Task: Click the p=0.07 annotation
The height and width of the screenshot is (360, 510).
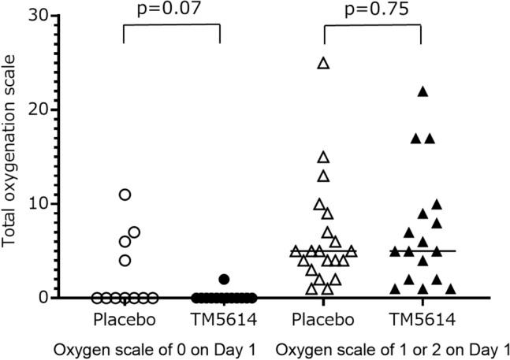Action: (171, 9)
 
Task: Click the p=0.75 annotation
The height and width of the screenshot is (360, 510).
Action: (373, 9)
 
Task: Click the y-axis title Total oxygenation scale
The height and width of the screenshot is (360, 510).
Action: (10, 158)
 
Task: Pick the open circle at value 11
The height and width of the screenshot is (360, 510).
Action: (125, 195)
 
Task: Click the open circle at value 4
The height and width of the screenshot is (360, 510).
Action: (125, 260)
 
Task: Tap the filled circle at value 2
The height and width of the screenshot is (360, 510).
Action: (224, 279)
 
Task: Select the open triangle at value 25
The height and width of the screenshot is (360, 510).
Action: (323, 63)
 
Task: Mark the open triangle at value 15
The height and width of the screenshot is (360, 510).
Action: (323, 157)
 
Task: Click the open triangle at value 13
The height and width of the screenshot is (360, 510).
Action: (323, 176)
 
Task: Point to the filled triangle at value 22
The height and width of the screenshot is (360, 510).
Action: (423, 91)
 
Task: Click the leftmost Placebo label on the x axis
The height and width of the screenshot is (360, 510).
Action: (125, 322)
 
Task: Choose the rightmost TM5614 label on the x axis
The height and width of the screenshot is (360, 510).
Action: (423, 322)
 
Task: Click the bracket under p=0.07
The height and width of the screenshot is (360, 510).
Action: (171, 25)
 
